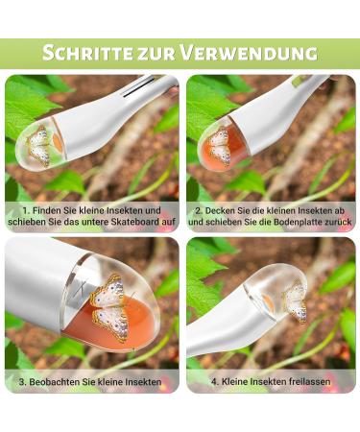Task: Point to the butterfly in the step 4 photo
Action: point(295,301)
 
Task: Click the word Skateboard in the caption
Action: point(127,221)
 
